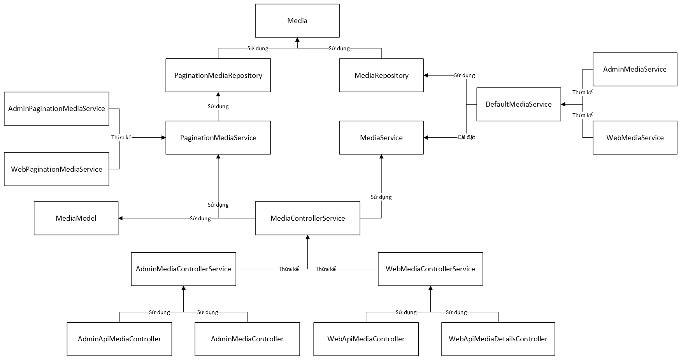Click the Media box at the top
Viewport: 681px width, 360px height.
[297, 21]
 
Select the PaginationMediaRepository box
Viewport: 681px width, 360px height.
[218, 76]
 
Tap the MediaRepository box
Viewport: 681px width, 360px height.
[381, 76]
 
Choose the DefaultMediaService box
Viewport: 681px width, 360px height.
[518, 104]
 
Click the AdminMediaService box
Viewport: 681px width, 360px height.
[635, 69]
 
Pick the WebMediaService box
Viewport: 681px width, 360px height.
[635, 138]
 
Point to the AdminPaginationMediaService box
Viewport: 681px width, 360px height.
[56, 109]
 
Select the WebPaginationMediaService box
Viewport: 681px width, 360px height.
[56, 169]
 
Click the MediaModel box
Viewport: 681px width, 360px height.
[76, 218]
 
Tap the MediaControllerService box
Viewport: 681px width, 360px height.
[307, 218]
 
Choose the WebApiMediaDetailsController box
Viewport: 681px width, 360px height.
[498, 339]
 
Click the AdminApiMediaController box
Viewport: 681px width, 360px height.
[119, 339]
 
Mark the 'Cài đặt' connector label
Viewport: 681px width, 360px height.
[466, 137]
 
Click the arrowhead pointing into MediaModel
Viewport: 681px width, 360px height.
[121, 218]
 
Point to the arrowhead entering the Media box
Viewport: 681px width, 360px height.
[297, 40]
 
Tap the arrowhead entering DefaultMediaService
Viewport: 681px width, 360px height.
[563, 104]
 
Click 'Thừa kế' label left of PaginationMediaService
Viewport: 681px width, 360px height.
[121, 137]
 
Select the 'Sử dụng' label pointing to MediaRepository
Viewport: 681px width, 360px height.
[464, 76]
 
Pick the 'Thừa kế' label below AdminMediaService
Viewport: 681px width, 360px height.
[582, 93]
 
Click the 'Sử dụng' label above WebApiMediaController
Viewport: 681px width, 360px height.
[406, 312]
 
